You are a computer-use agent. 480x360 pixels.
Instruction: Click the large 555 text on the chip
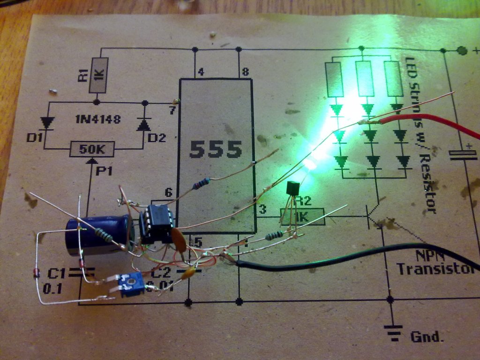[x=216, y=149]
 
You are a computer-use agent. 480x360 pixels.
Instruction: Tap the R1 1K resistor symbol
[x=99, y=75]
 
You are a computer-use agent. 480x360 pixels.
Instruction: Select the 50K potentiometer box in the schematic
[x=92, y=150]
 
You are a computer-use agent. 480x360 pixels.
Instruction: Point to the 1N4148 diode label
[x=97, y=120]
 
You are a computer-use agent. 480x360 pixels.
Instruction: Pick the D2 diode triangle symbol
[x=143, y=124]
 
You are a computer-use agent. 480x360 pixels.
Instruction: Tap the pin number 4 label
[x=201, y=72]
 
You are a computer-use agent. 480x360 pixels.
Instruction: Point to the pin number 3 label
[x=262, y=209]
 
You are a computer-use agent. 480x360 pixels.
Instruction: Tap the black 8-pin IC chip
[x=157, y=224]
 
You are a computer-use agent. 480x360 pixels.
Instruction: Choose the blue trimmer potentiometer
[x=131, y=285]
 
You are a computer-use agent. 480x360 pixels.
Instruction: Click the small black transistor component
[x=292, y=190]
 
